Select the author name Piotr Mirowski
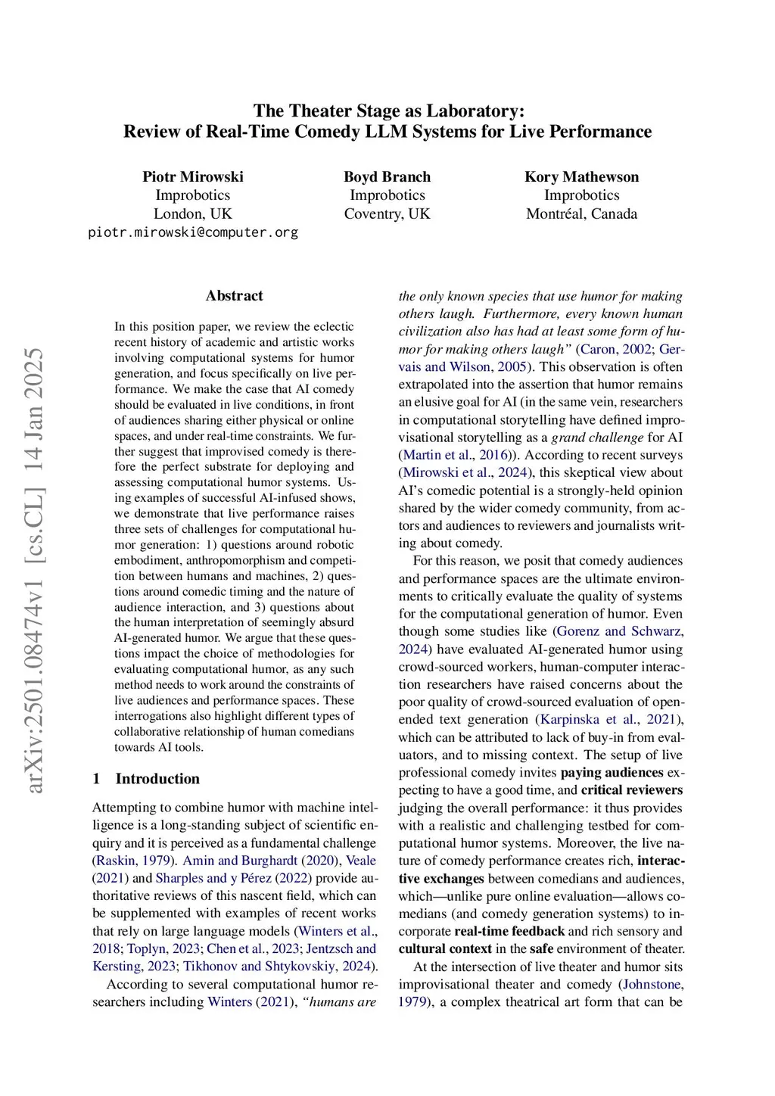click(193, 176)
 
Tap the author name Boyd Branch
click(387, 176)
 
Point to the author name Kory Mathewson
click(581, 176)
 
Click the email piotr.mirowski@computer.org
click(193, 232)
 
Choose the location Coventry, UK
click(387, 213)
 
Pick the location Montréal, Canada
click(581, 213)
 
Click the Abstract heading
click(234, 296)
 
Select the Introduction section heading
click(157, 779)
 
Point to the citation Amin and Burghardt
click(240, 861)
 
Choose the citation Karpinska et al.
click(588, 720)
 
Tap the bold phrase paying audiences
click(612, 773)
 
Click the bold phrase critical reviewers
click(631, 790)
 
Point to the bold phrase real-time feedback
click(509, 932)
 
